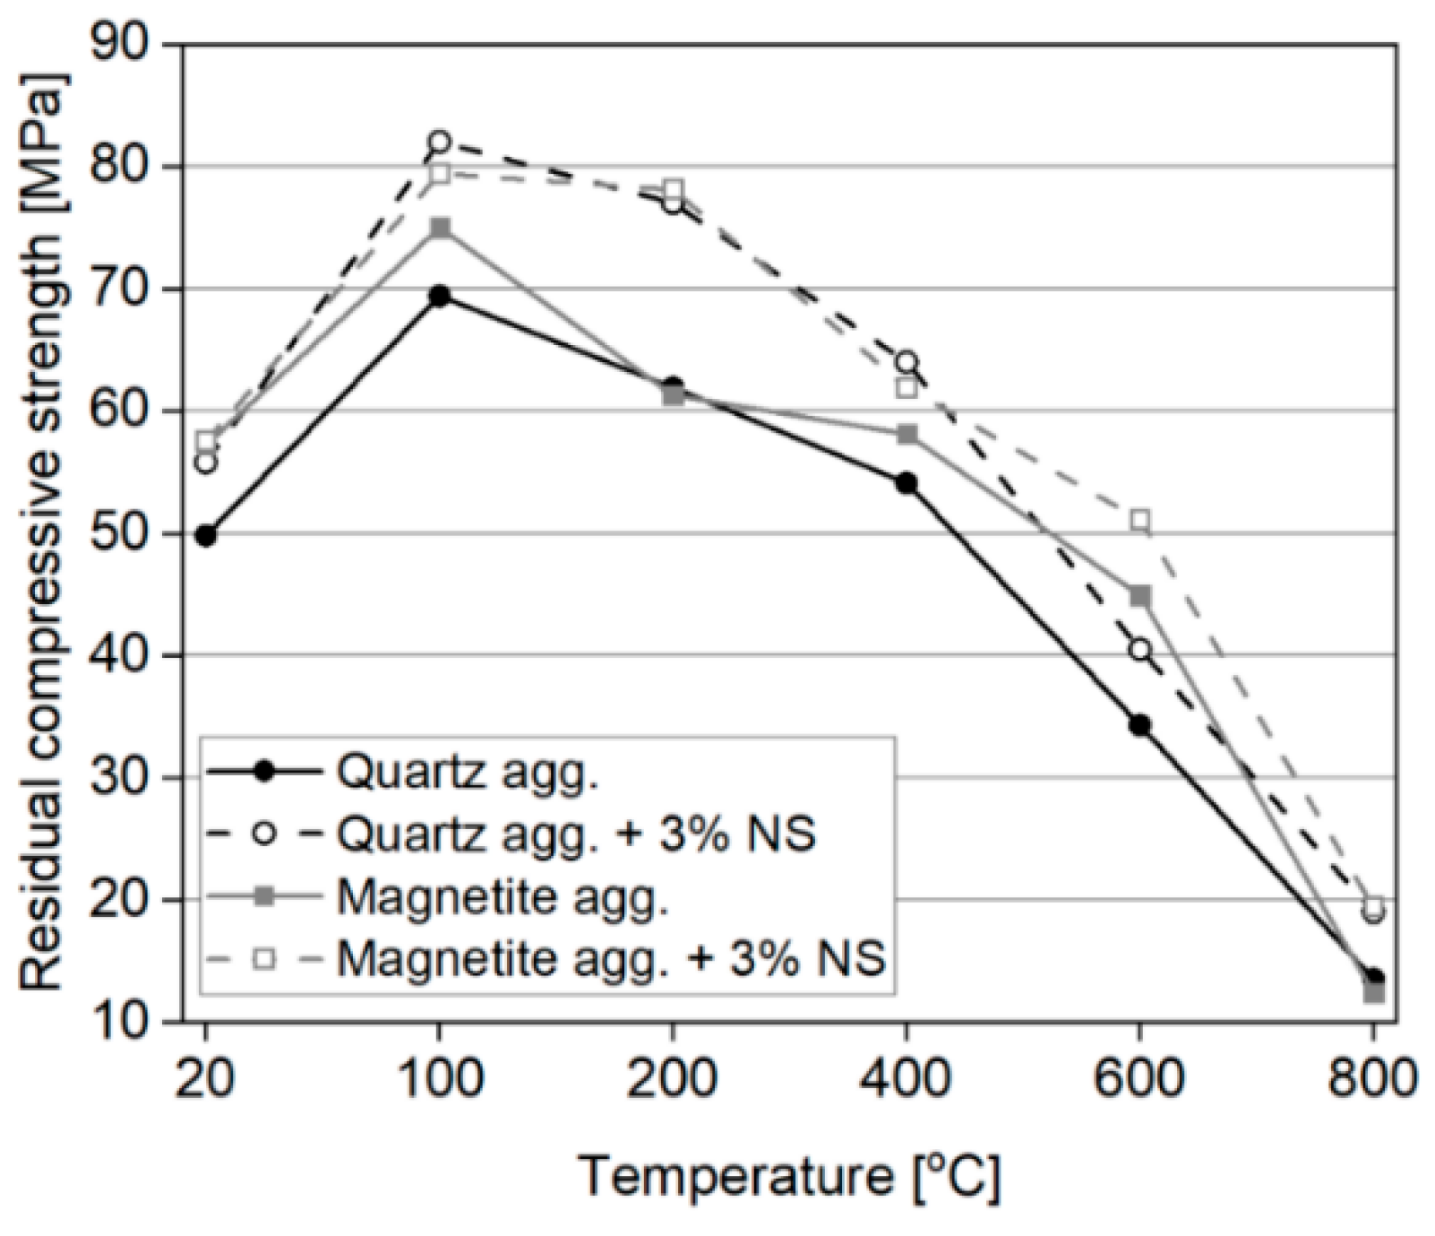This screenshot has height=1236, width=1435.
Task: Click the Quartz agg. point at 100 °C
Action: (439, 296)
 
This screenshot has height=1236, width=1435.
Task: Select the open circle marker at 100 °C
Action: (439, 142)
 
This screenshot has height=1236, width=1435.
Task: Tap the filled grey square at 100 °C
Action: (439, 228)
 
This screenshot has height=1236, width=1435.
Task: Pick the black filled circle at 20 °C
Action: (206, 536)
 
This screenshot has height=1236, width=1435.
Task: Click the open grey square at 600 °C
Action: (1139, 520)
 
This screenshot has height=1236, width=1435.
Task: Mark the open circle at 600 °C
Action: (1139, 650)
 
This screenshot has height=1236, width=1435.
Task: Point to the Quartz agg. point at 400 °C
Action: (907, 483)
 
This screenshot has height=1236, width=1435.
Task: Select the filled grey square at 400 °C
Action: (907, 435)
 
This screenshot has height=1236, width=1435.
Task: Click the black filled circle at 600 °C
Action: (1139, 725)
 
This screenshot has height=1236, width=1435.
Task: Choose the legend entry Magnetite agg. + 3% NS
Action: (612, 959)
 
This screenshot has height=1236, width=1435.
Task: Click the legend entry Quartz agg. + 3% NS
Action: (577, 834)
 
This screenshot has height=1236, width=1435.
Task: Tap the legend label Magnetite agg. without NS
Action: (503, 897)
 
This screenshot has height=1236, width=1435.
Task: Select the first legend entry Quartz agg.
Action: (468, 772)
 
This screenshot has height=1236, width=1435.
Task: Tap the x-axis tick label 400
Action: (907, 1077)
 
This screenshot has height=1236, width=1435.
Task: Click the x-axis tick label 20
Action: (206, 1077)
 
